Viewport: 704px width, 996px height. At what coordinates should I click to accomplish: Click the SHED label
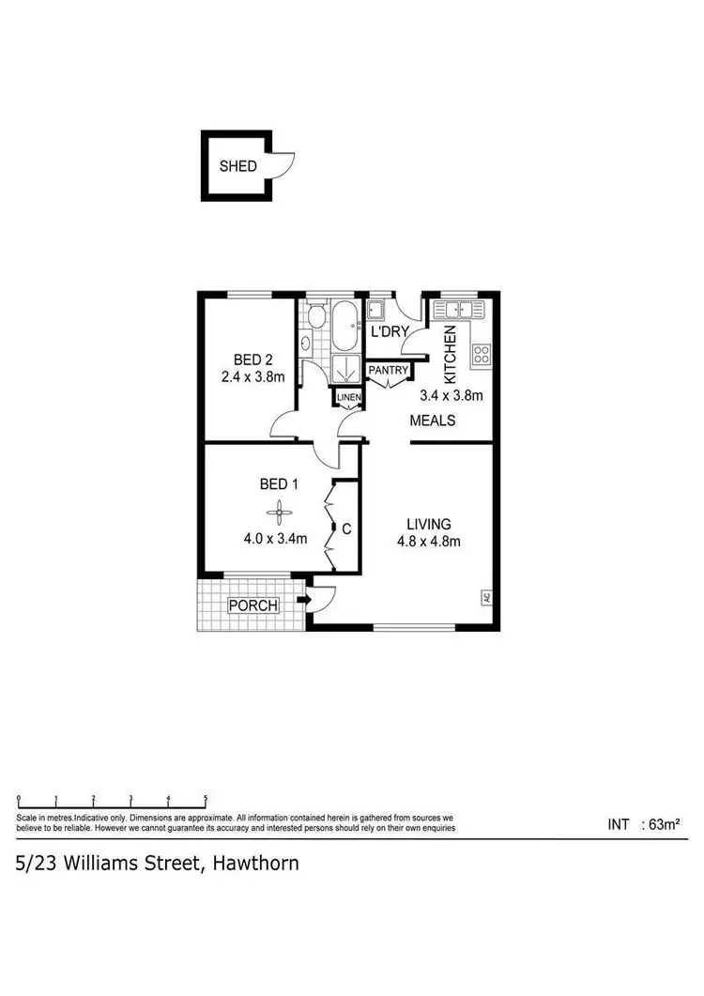(237, 167)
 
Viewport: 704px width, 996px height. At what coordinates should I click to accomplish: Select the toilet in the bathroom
(316, 318)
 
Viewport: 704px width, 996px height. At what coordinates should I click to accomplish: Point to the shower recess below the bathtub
(345, 369)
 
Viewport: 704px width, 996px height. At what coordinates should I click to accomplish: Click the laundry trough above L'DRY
(377, 310)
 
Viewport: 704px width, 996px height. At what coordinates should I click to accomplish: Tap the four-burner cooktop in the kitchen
(482, 354)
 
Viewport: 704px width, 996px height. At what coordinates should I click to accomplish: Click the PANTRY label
(389, 371)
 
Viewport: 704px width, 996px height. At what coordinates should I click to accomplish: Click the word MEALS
(433, 421)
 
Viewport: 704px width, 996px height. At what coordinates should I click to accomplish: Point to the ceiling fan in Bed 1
(278, 512)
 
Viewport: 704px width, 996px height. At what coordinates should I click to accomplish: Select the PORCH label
(253, 605)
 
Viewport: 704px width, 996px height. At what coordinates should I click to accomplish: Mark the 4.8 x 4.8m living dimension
(428, 541)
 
